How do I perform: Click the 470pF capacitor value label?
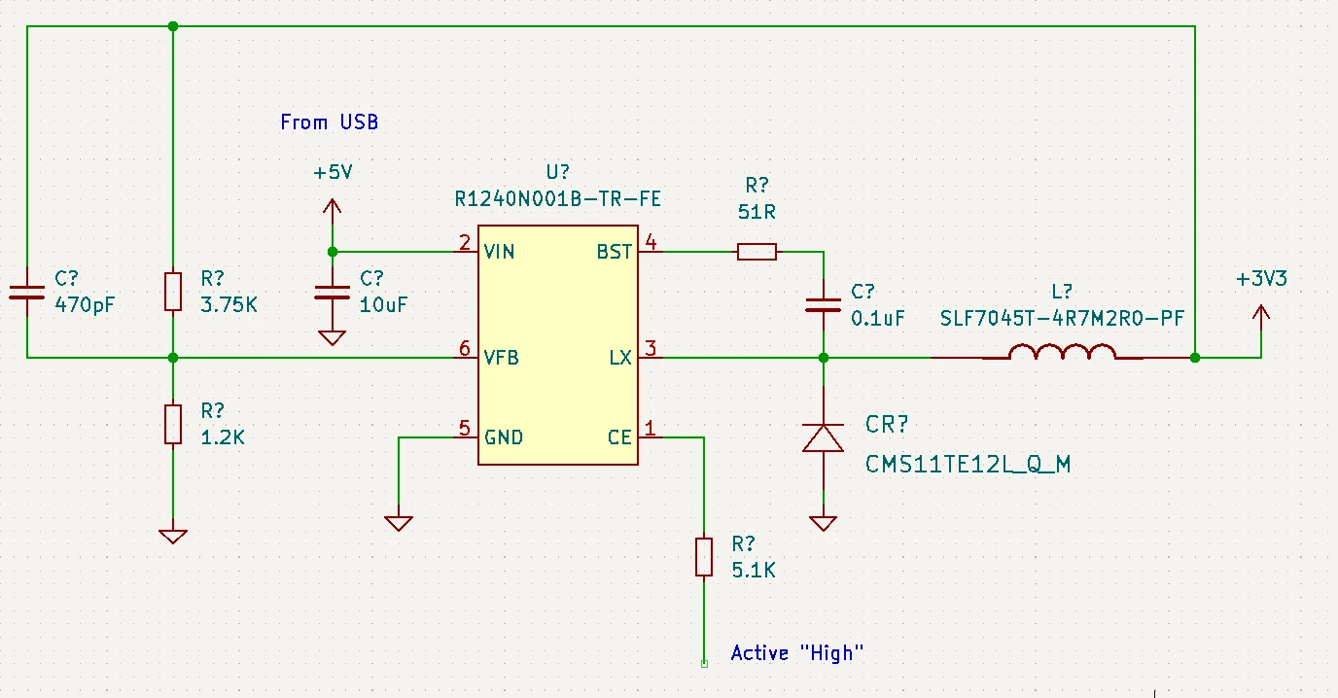coord(85,305)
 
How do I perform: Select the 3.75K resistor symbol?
coord(173,292)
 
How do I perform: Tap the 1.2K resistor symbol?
coord(173,424)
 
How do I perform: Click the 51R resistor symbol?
coord(757,252)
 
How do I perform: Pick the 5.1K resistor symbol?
coord(704,556)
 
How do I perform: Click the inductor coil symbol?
coord(1062,351)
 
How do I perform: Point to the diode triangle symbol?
coord(823,437)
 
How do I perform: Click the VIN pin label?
coord(499,252)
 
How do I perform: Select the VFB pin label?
coord(501,358)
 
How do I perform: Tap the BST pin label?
coord(614,252)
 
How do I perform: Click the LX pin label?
coord(620,358)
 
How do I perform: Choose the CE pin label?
coord(619,437)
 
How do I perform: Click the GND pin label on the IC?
coord(504,437)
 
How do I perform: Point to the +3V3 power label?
coord(1261,279)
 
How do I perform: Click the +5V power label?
coord(333,173)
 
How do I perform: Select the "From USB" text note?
coord(329,122)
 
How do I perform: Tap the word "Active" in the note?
coord(759,653)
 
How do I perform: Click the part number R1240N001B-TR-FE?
coord(558,199)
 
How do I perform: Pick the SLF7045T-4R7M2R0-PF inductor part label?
coord(1062,318)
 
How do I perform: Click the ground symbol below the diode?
coord(823,524)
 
